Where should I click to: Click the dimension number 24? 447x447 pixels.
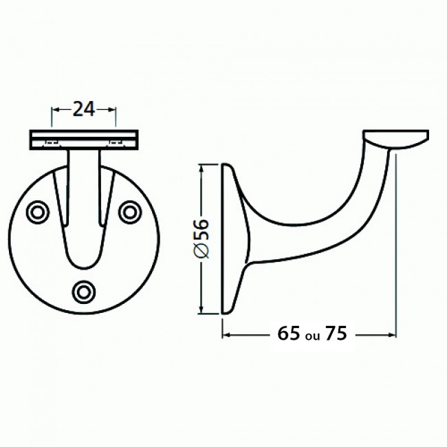[x=83, y=109]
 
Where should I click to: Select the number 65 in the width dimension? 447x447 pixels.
[x=289, y=334]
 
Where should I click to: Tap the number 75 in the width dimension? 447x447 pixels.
[x=335, y=334]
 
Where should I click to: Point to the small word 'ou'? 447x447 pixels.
[x=312, y=336]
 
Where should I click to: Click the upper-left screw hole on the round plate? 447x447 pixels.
[x=36, y=211]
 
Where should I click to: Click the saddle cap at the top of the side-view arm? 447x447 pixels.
[x=396, y=139]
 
